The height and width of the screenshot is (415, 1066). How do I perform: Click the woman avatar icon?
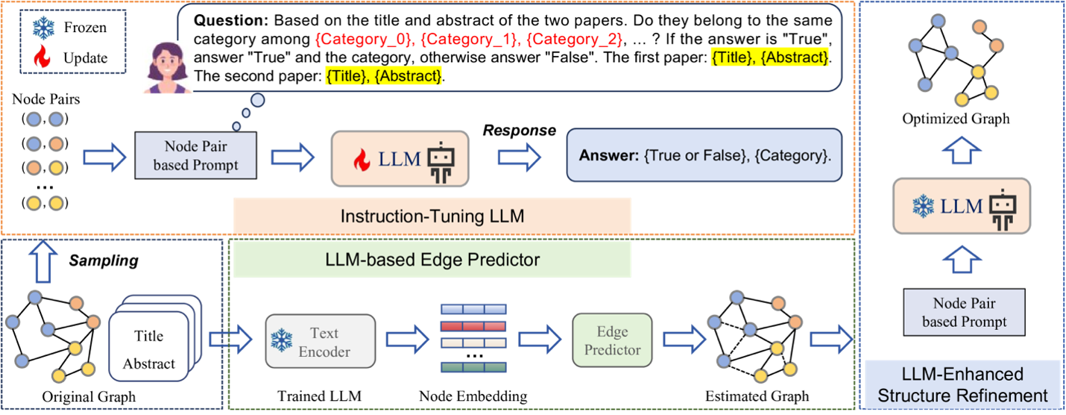click(168, 67)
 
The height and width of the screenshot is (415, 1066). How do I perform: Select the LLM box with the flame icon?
click(400, 158)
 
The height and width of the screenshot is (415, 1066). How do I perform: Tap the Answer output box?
click(703, 156)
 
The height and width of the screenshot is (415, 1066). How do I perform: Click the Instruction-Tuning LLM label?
click(432, 216)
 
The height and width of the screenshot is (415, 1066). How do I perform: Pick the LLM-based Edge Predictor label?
click(432, 260)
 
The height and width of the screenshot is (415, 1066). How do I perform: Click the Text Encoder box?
click(320, 341)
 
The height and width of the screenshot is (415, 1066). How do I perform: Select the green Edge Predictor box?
click(612, 340)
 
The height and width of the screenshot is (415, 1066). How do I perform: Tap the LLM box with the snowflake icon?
click(961, 206)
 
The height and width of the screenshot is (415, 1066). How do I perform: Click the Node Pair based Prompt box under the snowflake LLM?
click(964, 313)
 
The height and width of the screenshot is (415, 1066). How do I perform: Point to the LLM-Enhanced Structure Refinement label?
click(962, 384)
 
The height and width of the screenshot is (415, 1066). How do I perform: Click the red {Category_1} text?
click(468, 40)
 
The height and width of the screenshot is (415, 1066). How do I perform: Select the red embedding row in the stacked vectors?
click(473, 325)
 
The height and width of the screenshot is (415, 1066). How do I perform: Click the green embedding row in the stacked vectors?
click(473, 366)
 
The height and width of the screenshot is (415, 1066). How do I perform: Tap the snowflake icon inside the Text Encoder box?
click(281, 341)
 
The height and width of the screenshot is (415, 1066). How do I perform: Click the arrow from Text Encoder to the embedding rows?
click(407, 340)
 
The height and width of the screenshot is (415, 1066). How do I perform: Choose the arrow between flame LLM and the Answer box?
click(519, 157)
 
